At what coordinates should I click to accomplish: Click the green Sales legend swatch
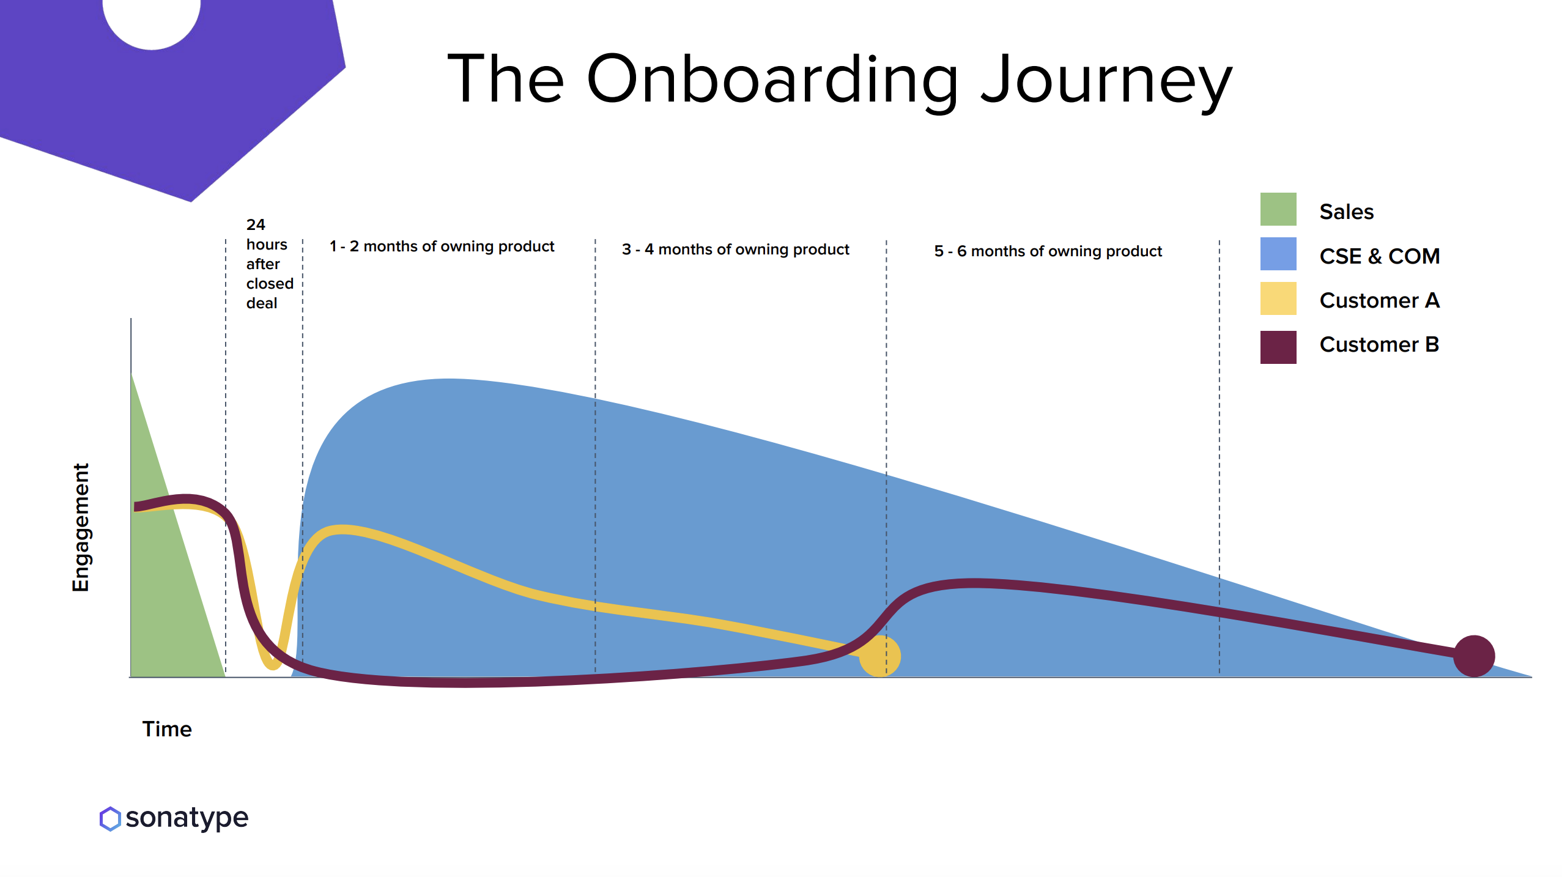click(x=1278, y=209)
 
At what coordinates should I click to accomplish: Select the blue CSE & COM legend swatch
click(x=1278, y=254)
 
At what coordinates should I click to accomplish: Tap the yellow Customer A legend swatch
click(x=1278, y=298)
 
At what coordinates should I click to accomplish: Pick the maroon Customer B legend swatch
click(x=1278, y=347)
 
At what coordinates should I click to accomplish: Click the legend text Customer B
click(x=1379, y=344)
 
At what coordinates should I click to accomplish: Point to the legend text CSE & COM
click(x=1380, y=256)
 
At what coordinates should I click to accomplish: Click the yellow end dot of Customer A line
click(x=879, y=656)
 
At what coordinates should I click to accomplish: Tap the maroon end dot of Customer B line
click(x=1474, y=656)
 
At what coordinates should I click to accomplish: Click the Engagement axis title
click(x=80, y=527)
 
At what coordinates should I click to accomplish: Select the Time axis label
click(x=167, y=729)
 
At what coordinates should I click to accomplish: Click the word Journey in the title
click(x=1106, y=80)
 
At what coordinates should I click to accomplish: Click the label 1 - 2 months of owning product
click(x=442, y=246)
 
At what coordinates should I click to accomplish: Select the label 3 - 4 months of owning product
click(x=736, y=250)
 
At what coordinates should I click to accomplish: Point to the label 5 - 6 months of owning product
click(x=1048, y=251)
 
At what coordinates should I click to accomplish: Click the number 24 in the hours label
click(x=256, y=224)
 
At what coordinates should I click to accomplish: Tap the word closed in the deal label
click(x=270, y=283)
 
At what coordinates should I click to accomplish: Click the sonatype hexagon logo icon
click(x=110, y=818)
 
